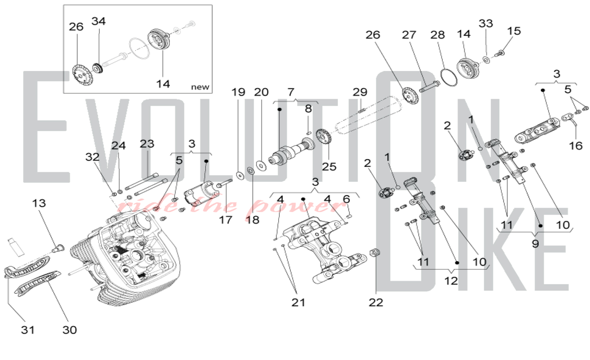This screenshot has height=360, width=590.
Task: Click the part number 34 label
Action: (99, 21)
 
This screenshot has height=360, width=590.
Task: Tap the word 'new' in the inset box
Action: (200, 87)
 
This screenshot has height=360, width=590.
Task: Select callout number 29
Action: (360, 92)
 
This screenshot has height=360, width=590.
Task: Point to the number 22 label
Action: (376, 302)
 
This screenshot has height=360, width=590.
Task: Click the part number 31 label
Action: (28, 330)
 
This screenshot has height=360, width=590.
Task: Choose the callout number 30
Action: (70, 330)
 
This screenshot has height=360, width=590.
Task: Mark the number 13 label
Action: (39, 203)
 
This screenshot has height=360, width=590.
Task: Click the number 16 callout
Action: (576, 145)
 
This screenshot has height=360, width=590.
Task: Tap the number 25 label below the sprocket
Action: (329, 167)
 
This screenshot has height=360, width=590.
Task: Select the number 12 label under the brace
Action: (451, 281)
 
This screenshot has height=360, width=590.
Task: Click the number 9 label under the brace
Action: (535, 244)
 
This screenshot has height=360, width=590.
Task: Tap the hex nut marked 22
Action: (375, 252)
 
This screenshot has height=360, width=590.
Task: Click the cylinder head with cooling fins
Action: (127, 260)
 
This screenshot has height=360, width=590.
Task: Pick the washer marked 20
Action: (261, 166)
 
